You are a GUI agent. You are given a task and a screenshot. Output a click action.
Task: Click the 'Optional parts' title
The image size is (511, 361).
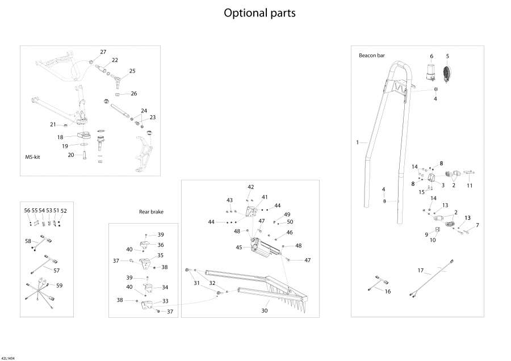pyautogui.click(x=259, y=12)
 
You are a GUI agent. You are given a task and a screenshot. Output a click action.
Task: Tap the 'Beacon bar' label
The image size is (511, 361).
pyautogui.click(x=371, y=56)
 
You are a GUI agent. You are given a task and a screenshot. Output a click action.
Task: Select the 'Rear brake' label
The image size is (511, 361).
pyautogui.click(x=151, y=212)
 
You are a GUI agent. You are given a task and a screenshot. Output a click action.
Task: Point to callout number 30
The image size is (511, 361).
pyautogui.click(x=264, y=310)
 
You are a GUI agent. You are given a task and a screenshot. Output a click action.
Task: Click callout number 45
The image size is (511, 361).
pyautogui.click(x=239, y=247)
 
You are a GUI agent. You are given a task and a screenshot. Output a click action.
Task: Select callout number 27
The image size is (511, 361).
pyautogui.click(x=103, y=52)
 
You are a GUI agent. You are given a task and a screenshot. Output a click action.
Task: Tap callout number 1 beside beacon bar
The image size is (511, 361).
pyautogui.click(x=358, y=142)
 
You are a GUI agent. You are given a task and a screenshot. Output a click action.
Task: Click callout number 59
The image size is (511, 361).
pyautogui.click(x=59, y=285)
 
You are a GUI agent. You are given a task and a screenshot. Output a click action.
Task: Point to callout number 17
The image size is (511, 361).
pyautogui.click(x=421, y=270)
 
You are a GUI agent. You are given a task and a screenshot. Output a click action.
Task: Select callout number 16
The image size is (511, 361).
pyautogui.click(x=388, y=291)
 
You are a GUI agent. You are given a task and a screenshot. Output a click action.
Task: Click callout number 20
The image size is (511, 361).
pyautogui.click(x=71, y=154)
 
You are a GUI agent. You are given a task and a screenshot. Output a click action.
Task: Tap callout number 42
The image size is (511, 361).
pyautogui.click(x=250, y=187)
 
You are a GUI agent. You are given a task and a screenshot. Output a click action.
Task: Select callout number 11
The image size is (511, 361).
pyautogui.click(x=470, y=185)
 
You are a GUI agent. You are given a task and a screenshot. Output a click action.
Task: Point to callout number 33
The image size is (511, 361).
pyautogui.click(x=165, y=300)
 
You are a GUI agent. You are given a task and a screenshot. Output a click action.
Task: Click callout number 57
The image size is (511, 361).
pyautogui.click(x=57, y=271)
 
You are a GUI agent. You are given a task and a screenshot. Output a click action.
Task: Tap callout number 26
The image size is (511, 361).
pyautogui.click(x=134, y=94)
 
